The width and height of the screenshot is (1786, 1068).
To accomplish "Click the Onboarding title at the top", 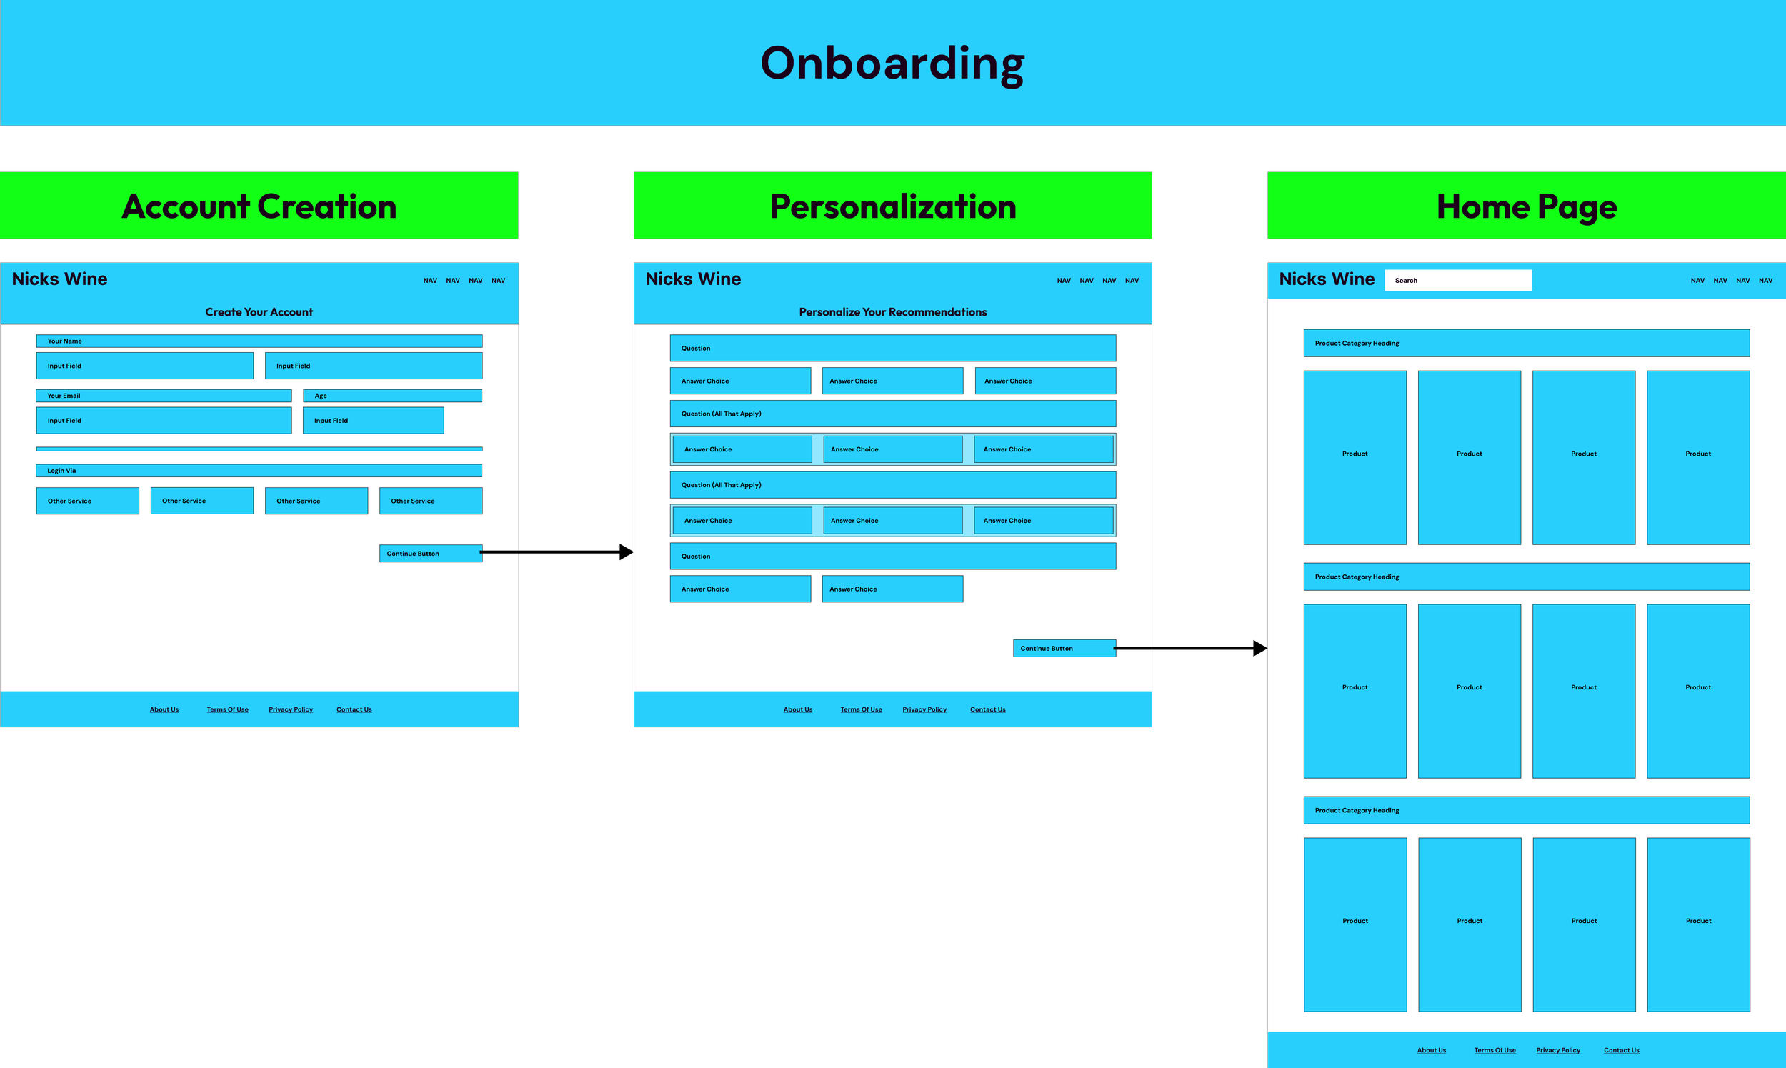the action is [x=892, y=64].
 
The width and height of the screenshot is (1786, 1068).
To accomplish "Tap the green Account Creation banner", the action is [x=259, y=206].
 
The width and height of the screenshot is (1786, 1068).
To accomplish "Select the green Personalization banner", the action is [x=892, y=206].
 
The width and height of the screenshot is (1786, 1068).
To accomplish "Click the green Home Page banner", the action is [x=1526, y=206].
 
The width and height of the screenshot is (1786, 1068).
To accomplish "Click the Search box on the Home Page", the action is [x=1458, y=281].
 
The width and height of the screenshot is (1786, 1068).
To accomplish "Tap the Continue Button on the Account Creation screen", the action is [x=430, y=554].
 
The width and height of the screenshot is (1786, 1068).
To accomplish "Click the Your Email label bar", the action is [x=164, y=396].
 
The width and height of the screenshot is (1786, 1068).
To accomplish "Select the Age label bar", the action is [x=392, y=396].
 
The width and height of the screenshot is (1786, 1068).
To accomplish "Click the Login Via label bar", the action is [x=259, y=471].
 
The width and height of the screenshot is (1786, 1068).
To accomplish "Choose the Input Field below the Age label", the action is [x=373, y=421].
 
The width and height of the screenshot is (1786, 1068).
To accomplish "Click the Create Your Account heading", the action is [x=259, y=312].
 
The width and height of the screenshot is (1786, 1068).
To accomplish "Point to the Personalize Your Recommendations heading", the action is [x=892, y=312].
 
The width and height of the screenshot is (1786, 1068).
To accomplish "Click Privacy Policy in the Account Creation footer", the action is [x=291, y=709].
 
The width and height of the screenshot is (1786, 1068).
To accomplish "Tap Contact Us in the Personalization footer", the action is [x=987, y=709].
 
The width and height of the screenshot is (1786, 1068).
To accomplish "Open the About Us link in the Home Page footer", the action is [x=1431, y=1051].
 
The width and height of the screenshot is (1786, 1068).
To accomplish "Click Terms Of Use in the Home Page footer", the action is [x=1495, y=1051].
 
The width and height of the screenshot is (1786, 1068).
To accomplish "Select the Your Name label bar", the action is [x=259, y=341].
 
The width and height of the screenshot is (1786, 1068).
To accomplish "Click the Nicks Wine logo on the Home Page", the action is [x=1326, y=279].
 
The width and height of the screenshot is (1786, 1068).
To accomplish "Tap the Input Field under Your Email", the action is [x=164, y=421].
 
